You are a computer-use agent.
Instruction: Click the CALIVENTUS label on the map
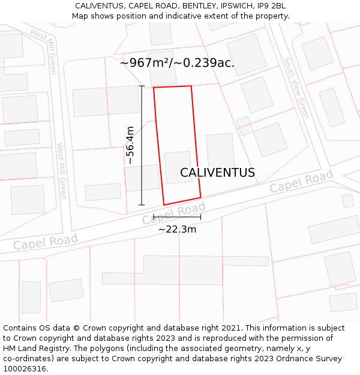[217, 173]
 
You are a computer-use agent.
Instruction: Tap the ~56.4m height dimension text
[130, 145]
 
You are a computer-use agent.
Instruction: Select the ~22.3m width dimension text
[177, 229]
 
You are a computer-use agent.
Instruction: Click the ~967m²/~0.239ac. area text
[177, 62]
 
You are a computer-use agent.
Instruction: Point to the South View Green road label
[296, 88]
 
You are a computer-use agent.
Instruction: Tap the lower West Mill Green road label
[62, 170]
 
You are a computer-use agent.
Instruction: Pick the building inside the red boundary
[178, 167]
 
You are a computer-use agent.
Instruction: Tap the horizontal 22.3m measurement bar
[177, 217]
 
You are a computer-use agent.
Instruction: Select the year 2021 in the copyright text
[232, 328]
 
